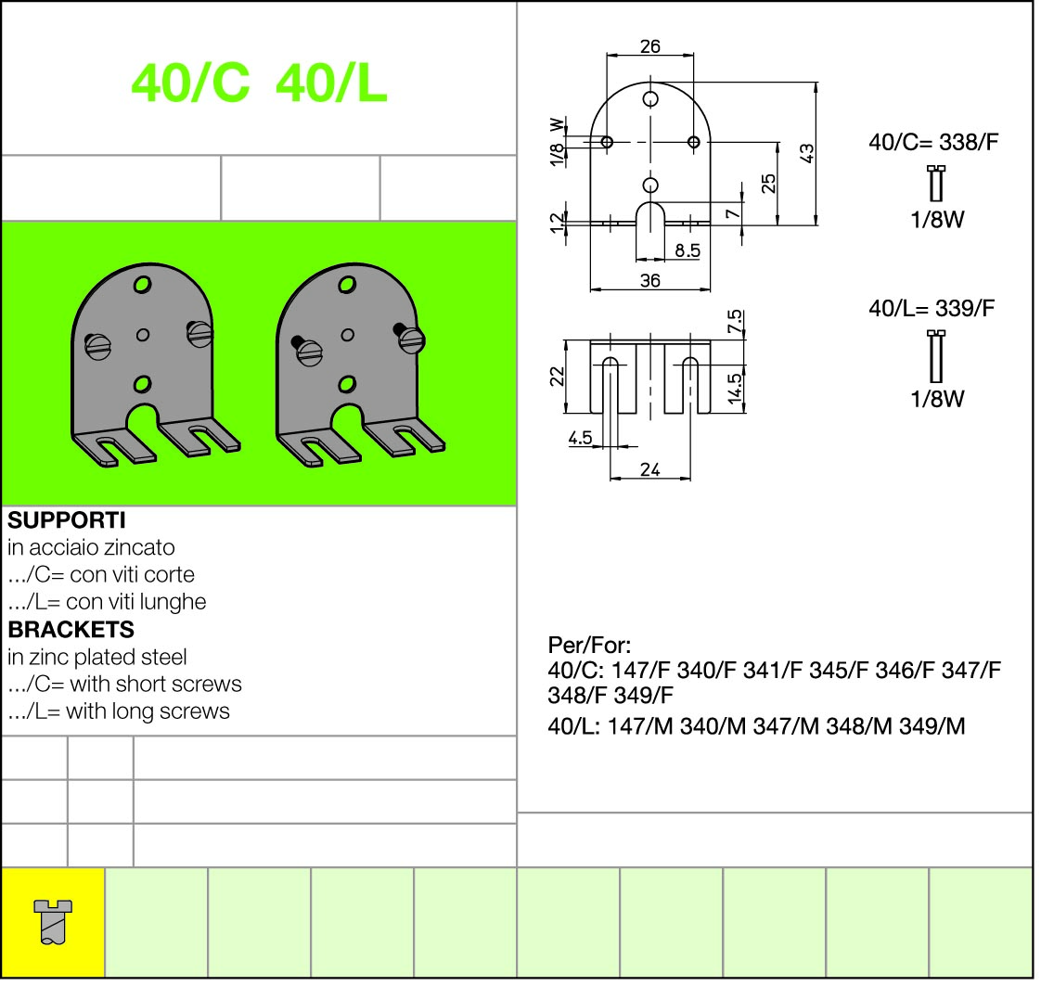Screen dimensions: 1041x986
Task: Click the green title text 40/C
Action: [190, 83]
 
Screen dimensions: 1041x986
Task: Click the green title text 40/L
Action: [331, 83]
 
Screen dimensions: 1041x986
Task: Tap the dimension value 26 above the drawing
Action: [650, 46]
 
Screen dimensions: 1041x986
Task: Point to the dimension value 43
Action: [806, 153]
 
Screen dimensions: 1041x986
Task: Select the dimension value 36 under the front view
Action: [650, 281]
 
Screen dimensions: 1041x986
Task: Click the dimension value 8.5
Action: [688, 250]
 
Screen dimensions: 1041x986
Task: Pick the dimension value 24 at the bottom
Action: [650, 469]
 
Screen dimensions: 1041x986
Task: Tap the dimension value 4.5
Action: [580, 438]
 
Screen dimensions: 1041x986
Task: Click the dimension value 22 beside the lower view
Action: [557, 377]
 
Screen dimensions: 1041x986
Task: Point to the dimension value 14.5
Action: [734, 388]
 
